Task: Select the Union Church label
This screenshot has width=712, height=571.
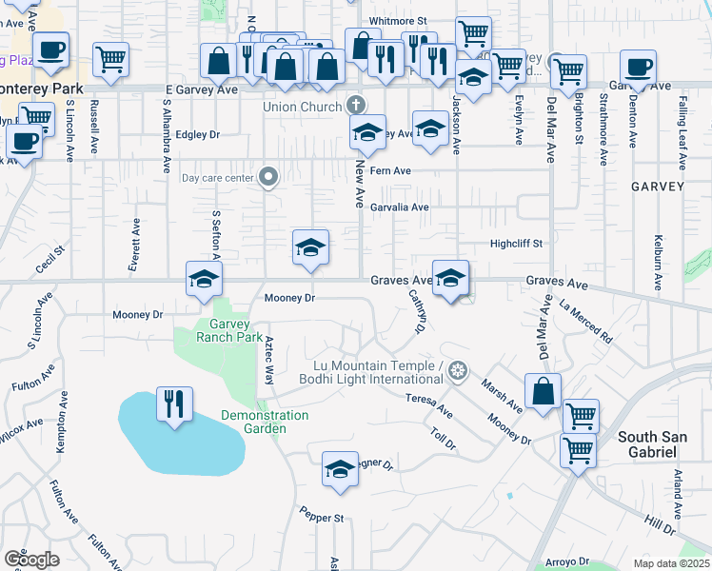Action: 302,107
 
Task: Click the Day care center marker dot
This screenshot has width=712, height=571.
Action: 268,176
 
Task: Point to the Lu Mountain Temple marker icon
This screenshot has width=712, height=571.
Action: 458,369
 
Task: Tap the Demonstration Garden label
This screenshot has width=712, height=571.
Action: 265,422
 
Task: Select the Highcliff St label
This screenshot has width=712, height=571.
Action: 515,244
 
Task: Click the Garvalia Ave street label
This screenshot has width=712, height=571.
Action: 400,207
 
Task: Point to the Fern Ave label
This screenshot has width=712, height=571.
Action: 390,171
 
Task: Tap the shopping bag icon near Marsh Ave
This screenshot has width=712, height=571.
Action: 543,392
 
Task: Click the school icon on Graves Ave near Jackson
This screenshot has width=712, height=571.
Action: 450,278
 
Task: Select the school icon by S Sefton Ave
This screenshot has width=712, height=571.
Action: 204,280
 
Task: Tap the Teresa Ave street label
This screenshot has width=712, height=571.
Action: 428,405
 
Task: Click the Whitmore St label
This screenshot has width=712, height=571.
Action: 398,20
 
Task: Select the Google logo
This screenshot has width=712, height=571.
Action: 31,559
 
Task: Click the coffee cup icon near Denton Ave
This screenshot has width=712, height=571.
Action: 638,68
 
